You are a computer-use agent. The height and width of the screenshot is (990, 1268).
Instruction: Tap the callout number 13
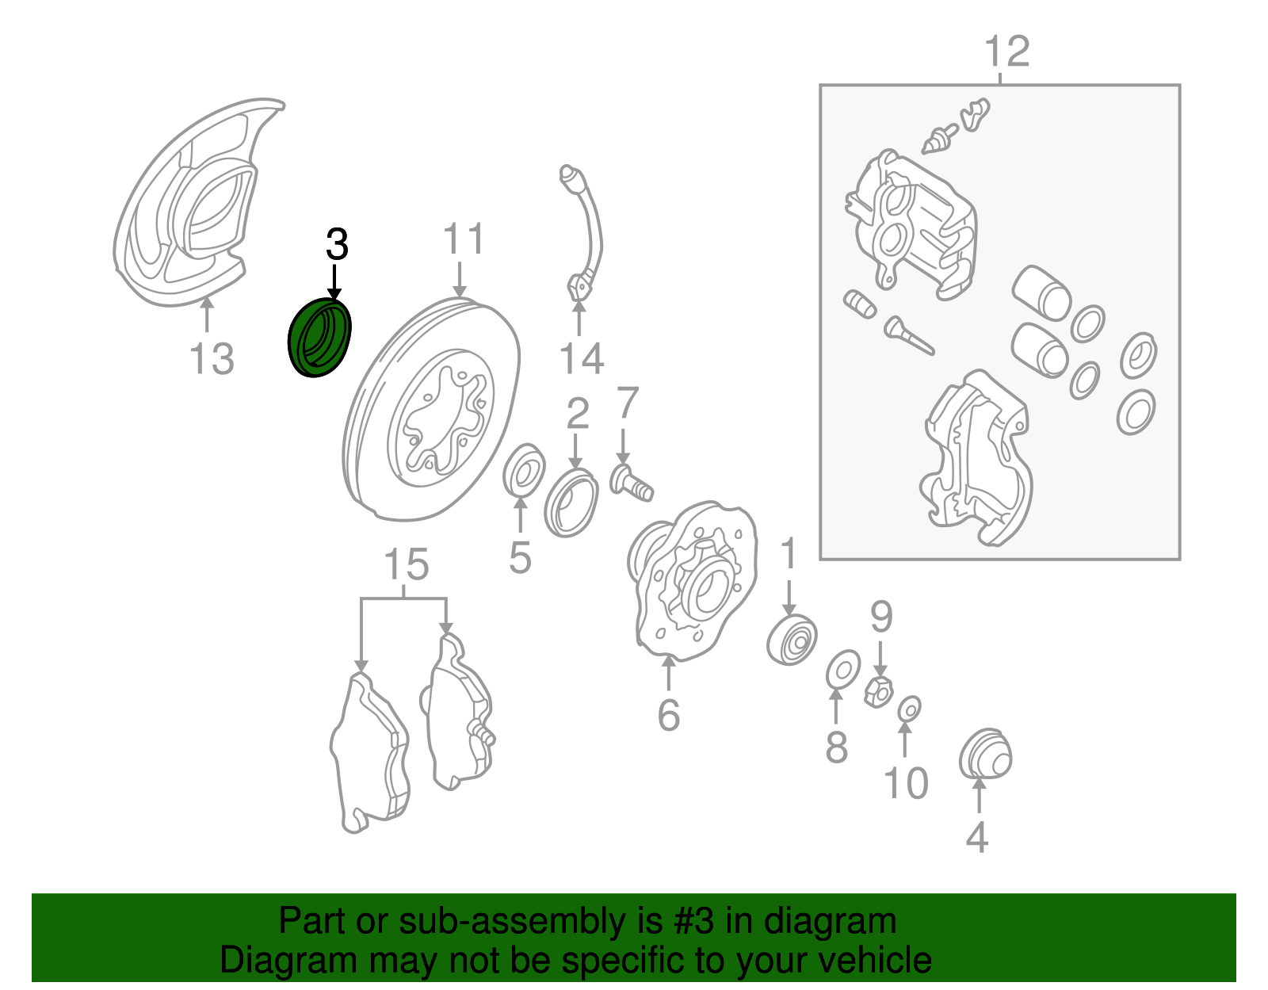coord(212,359)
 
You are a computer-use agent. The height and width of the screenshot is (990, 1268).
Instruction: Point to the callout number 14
coord(581,358)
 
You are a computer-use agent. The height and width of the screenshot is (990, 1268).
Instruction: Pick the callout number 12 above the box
coord(1006,52)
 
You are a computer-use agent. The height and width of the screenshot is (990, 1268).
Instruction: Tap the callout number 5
coord(520,558)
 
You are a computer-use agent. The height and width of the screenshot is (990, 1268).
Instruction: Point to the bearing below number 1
coord(791,640)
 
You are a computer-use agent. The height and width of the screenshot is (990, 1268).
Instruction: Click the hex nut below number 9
coord(877,691)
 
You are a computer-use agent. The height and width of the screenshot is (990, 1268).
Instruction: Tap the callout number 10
coord(906,783)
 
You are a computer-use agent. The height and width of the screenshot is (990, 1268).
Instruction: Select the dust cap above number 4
coord(985,754)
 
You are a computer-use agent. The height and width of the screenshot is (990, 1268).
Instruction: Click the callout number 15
coord(406,564)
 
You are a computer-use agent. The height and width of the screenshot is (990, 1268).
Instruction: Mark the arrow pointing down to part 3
coord(334,281)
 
